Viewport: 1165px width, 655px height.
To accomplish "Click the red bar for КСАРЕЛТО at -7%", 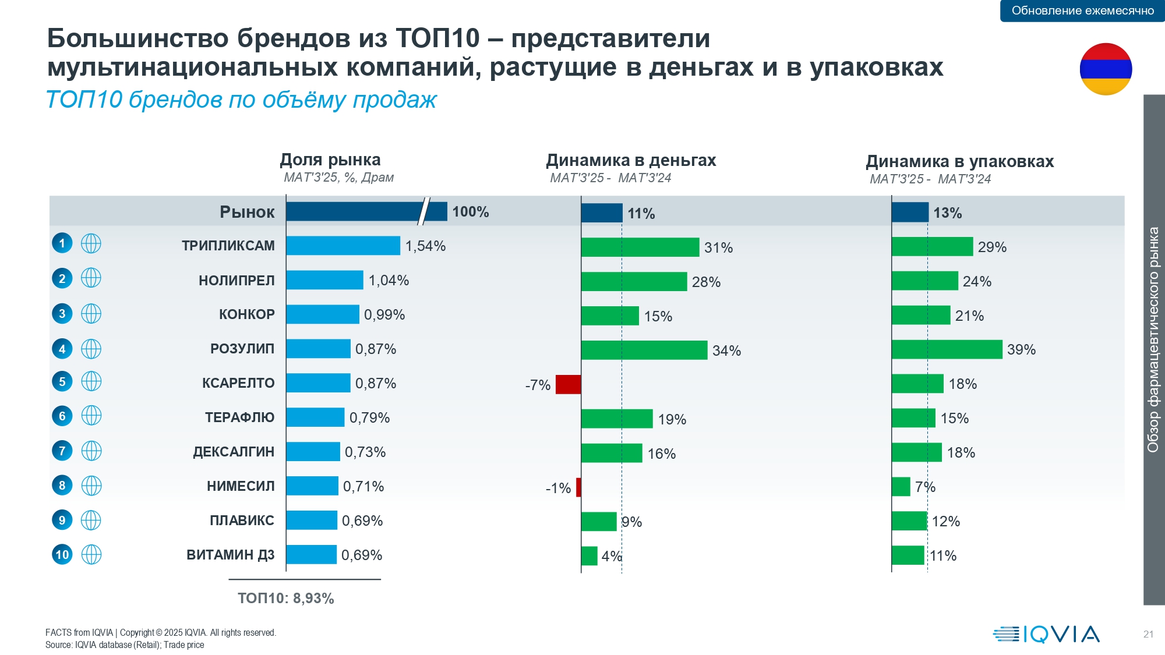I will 568,385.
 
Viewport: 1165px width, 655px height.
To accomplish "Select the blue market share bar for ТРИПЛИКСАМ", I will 343,246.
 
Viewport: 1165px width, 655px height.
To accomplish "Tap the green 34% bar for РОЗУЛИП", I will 644,350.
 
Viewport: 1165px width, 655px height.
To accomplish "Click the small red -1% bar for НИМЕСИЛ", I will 578,487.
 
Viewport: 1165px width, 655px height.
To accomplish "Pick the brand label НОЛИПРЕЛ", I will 236,281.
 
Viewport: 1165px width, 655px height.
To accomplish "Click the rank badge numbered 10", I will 62,554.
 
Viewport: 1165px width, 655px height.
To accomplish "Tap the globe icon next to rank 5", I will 91,381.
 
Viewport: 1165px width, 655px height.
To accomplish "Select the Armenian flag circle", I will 1106,69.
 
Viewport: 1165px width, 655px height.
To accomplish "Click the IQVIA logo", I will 1046,634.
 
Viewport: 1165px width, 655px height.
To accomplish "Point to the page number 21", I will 1148,634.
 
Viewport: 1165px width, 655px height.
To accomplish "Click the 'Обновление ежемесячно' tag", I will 1082,10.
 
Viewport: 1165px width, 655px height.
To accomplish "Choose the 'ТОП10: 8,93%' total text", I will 285,599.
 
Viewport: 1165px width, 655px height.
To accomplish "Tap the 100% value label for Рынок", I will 471,212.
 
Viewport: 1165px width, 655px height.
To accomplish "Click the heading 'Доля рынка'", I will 330,160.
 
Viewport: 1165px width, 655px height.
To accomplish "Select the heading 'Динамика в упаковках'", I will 959,161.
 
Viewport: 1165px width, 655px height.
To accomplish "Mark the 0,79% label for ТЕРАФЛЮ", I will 369,418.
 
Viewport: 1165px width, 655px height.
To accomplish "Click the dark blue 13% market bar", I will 910,213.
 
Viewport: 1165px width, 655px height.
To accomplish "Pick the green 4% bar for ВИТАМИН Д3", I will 589,556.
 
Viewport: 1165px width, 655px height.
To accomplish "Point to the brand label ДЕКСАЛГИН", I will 234,452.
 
